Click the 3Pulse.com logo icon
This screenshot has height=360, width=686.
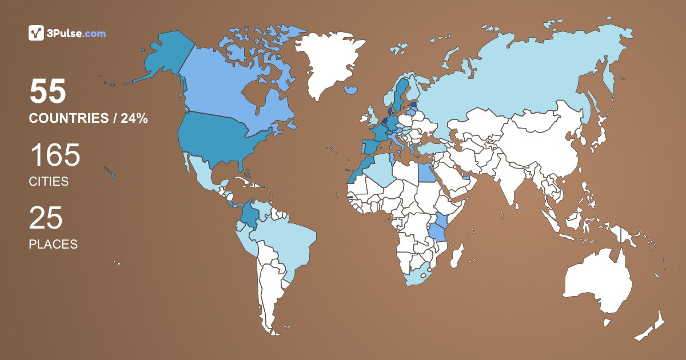coord(36,33)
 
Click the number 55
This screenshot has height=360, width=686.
coord(48,92)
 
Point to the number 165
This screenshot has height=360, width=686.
coord(55,155)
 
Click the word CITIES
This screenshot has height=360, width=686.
coord(49,182)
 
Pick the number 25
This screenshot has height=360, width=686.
coord(46,218)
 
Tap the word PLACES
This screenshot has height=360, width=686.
coord(53,244)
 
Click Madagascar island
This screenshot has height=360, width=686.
coord(456,255)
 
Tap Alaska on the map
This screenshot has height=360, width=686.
coord(166,57)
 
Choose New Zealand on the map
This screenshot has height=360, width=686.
coord(652,328)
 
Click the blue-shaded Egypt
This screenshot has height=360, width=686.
coord(425,171)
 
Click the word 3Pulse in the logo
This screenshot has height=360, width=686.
coord(63,34)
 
